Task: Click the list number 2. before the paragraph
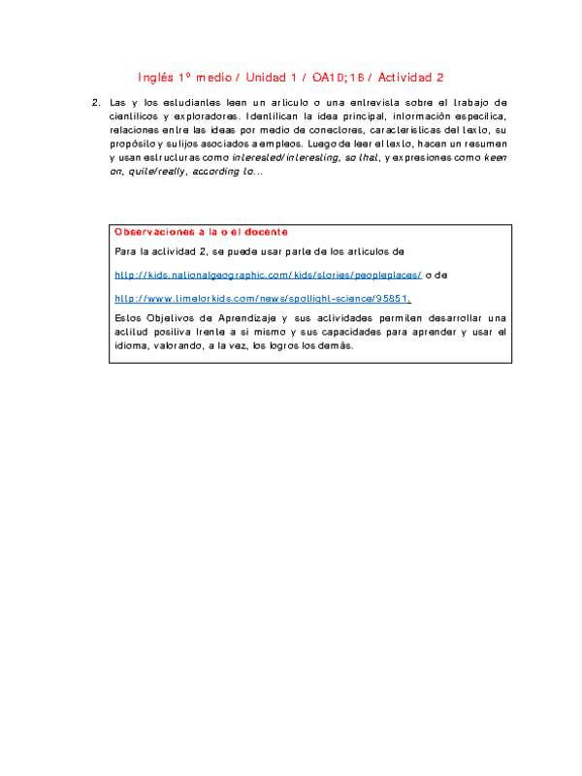95,102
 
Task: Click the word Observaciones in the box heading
153,232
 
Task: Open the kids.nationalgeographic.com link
268,275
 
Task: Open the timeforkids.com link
262,299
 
